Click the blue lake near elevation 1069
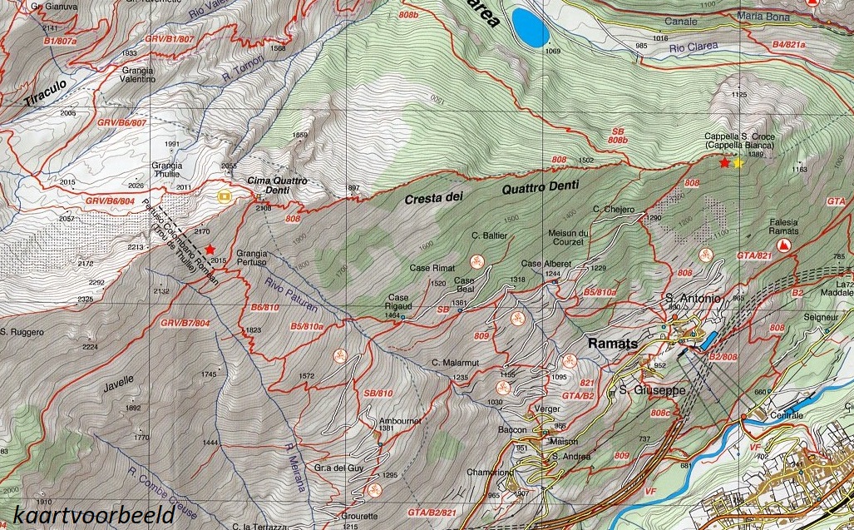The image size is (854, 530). click(x=530, y=27)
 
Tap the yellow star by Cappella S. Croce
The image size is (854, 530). click(x=738, y=163)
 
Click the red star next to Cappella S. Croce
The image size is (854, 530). click(x=724, y=163)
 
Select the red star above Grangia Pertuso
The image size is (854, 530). click(x=210, y=249)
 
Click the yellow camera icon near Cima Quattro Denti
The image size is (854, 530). click(x=223, y=196)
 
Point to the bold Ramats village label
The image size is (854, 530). click(x=612, y=343)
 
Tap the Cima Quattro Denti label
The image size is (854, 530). click(x=277, y=186)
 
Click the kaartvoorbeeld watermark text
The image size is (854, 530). click(x=93, y=513)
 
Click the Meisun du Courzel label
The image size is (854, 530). click(x=571, y=237)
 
